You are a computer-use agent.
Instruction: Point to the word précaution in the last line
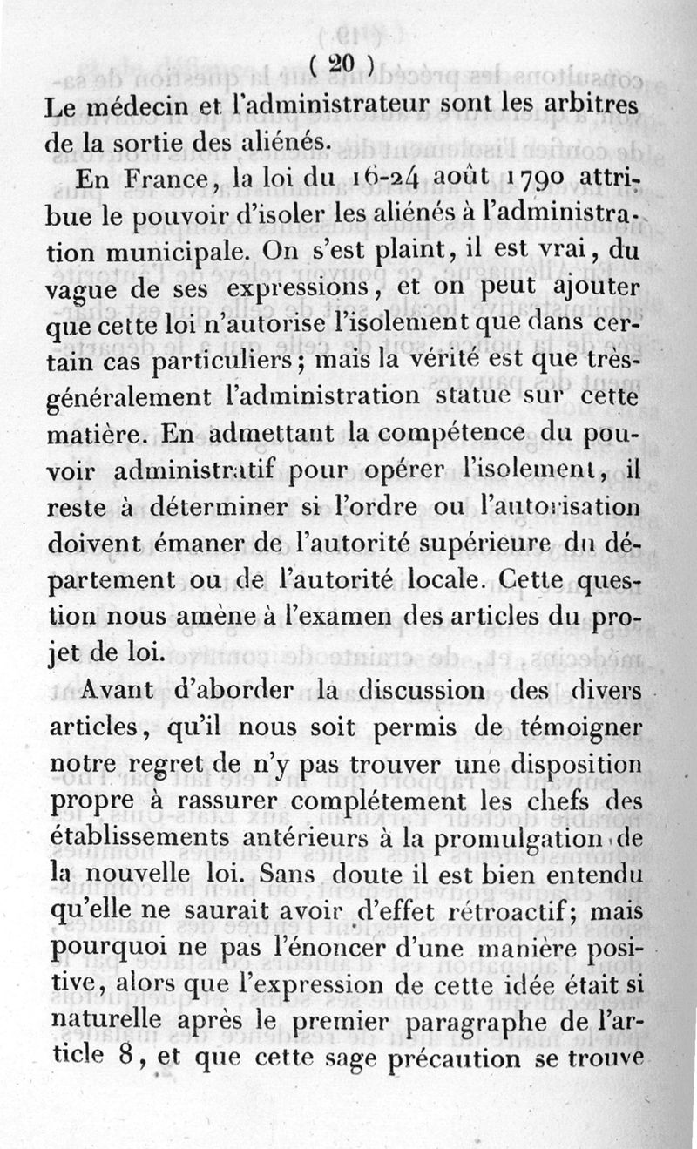[478, 1058]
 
